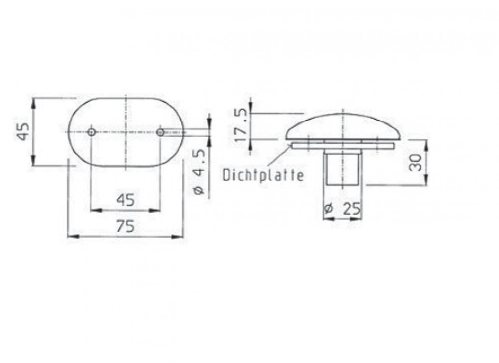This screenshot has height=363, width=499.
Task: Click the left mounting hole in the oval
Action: coord(92,132)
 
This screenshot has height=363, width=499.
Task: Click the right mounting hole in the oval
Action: coord(160,132)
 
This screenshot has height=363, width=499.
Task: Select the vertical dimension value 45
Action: coord(23,131)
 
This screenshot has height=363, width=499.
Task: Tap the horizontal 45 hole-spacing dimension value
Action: coord(126,200)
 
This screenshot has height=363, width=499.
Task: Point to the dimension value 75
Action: coord(125,226)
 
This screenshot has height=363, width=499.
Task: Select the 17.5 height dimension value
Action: coord(240,126)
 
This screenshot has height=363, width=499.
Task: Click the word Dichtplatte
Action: coord(263,175)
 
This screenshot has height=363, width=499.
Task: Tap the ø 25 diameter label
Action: coord(342,209)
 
